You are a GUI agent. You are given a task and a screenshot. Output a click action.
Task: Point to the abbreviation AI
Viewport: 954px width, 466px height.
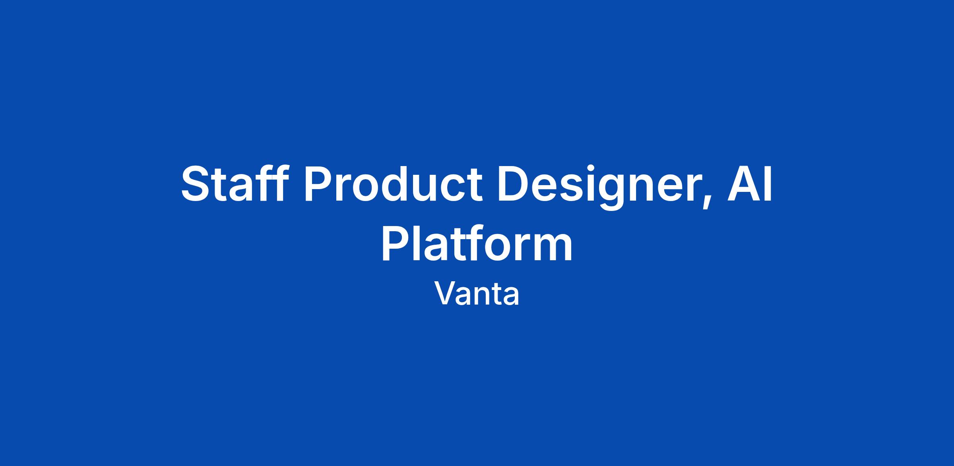click(750, 184)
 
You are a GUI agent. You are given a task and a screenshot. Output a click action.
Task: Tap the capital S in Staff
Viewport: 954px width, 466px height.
click(196, 184)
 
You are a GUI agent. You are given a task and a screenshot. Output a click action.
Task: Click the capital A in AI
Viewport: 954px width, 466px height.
click(743, 184)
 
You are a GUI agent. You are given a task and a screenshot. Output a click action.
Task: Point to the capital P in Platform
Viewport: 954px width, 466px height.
click(396, 243)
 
